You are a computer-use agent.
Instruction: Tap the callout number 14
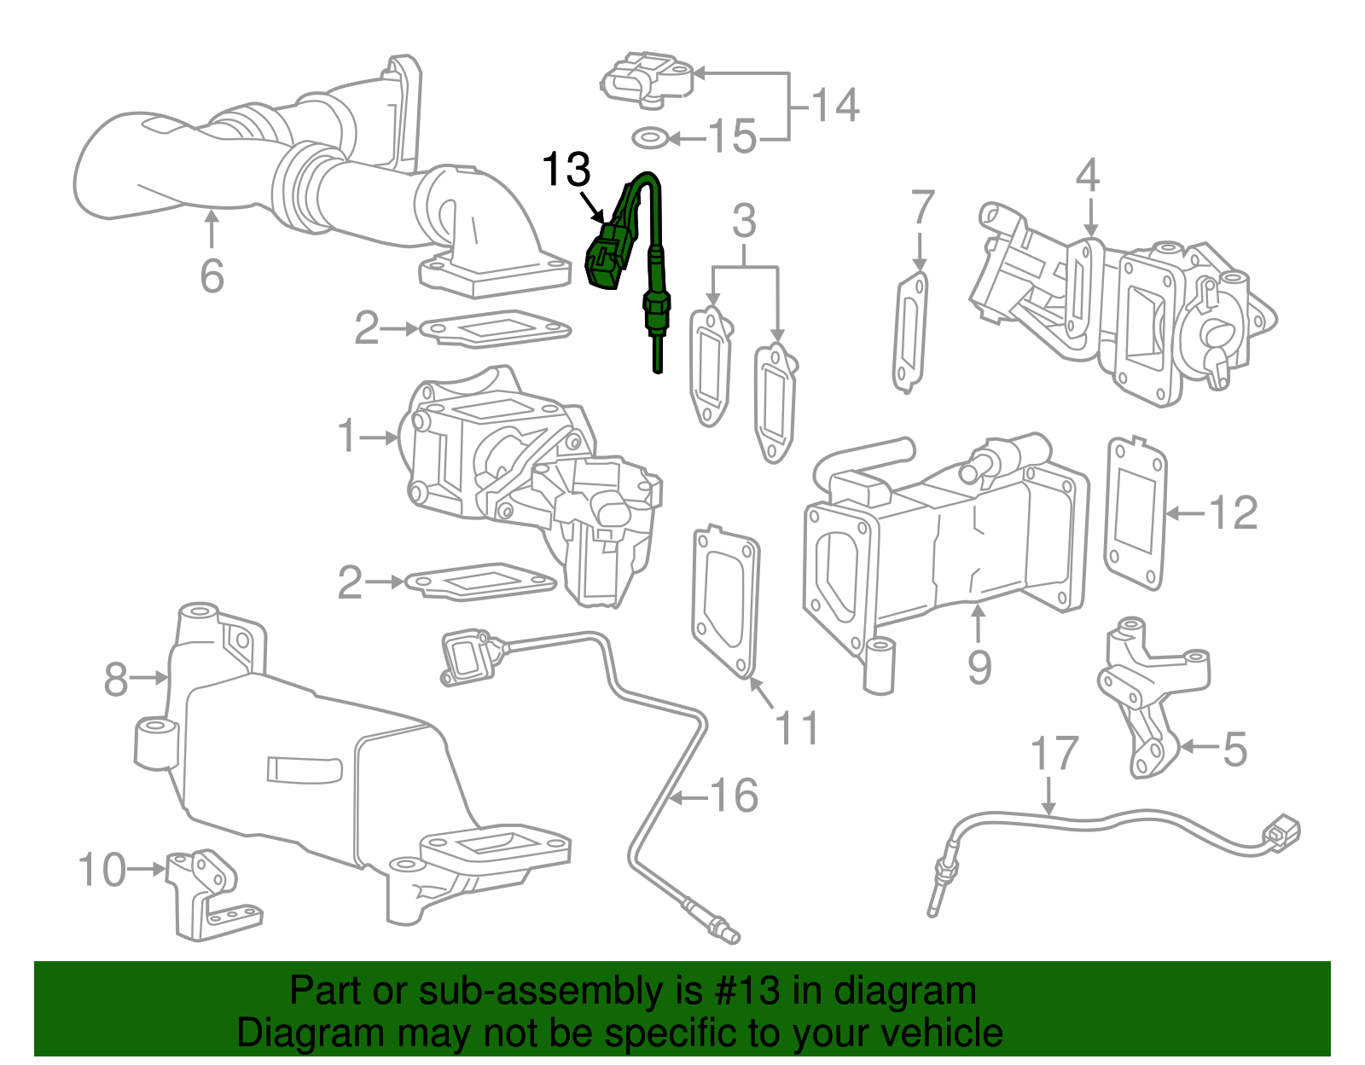tap(834, 106)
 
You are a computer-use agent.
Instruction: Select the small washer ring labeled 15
tap(649, 136)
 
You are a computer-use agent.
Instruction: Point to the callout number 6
tap(212, 275)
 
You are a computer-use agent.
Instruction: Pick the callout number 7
tap(922, 208)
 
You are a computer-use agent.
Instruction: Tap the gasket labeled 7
tap(910, 332)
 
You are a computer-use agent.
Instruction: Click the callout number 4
tap(1087, 176)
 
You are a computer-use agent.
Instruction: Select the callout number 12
tap(1234, 513)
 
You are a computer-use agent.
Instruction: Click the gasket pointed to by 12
tap(1136, 513)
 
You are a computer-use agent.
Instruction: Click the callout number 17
tap(1054, 754)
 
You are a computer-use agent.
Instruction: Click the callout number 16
tap(734, 796)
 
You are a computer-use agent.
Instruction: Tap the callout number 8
tap(116, 680)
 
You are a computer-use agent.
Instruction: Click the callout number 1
tap(346, 437)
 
